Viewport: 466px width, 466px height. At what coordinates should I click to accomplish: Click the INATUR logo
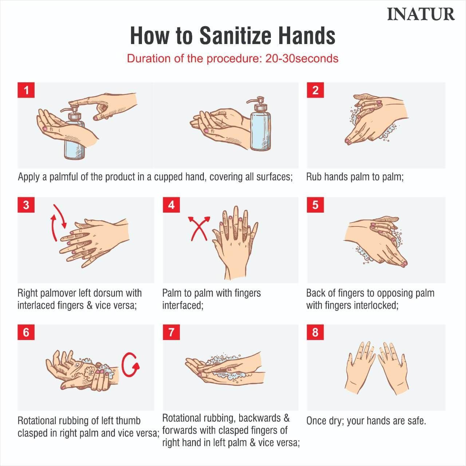[x=421, y=14]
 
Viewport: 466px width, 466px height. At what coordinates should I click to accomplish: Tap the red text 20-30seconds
[x=302, y=59]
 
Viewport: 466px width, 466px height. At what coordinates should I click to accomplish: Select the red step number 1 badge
[x=26, y=90]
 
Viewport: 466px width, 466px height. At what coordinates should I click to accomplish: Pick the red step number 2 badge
[x=315, y=90]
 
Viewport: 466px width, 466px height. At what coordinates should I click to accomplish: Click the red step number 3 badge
[x=26, y=205]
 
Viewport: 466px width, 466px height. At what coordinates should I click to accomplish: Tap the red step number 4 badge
[x=171, y=205]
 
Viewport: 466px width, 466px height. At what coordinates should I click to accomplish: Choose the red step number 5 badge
[x=315, y=205]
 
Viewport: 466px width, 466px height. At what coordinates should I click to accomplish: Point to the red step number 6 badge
[x=26, y=332]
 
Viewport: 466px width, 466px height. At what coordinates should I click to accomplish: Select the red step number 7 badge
[x=171, y=332]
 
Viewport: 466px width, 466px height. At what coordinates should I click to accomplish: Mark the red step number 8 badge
[x=315, y=332]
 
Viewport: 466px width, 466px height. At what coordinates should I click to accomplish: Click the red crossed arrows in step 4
[x=199, y=228]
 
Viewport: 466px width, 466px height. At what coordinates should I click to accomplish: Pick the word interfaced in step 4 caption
[x=183, y=305]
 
